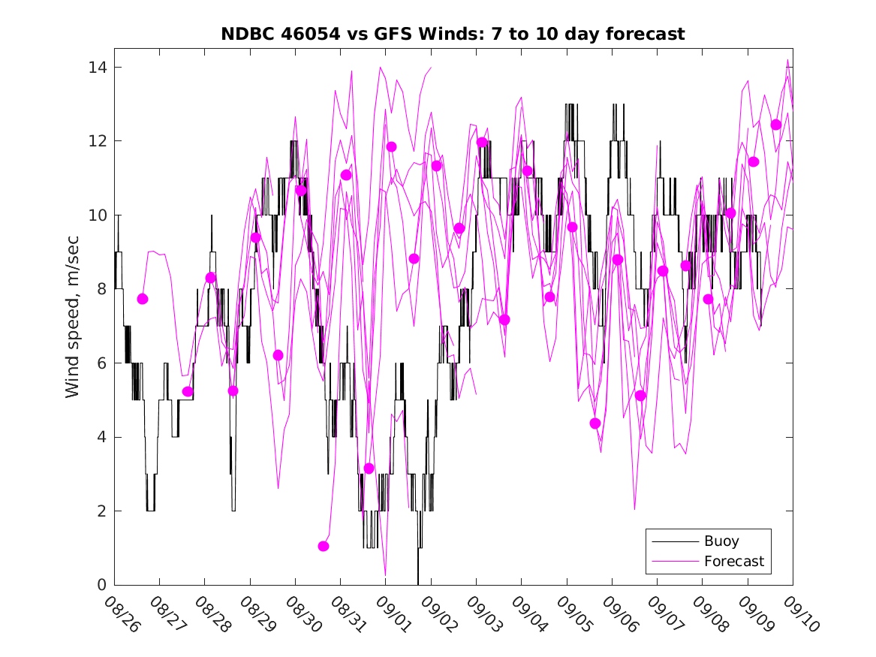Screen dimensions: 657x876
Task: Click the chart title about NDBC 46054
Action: point(453,34)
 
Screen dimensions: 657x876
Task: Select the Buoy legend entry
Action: point(721,541)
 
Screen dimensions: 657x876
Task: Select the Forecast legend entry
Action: point(733,561)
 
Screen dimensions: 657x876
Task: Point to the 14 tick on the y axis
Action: point(98,68)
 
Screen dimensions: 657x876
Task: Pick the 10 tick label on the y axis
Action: point(98,215)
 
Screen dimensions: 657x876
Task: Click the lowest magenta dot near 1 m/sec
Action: point(324,546)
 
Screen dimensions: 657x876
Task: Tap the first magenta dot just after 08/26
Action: point(143,299)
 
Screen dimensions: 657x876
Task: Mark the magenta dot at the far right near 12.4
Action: point(776,125)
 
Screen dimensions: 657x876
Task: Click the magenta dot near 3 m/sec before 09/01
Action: point(369,469)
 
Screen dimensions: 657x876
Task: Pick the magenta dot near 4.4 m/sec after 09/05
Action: point(595,423)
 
